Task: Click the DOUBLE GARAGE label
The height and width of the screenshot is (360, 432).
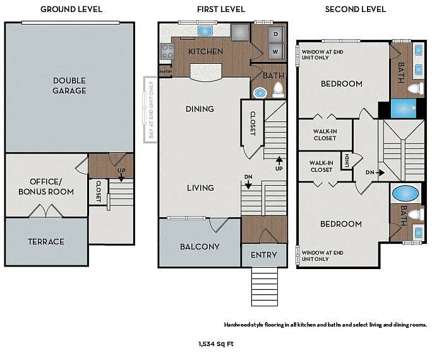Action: [x=69, y=86]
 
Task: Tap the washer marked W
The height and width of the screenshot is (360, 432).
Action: [x=275, y=52]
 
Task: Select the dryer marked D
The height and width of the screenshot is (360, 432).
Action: [x=275, y=35]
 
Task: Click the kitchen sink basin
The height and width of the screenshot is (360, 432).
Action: [x=205, y=30]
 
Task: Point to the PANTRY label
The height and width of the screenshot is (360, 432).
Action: [x=165, y=71]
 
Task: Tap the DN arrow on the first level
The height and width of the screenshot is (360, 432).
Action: [x=248, y=184]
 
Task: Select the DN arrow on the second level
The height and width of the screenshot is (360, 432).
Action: [x=381, y=172]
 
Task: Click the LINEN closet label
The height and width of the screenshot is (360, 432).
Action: [x=347, y=160]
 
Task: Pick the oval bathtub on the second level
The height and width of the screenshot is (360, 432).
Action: [x=405, y=194]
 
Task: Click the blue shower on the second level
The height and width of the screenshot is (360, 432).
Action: [x=404, y=108]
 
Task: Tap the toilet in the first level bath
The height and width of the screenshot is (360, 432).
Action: [x=278, y=90]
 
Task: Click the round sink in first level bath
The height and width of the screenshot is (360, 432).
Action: [x=260, y=93]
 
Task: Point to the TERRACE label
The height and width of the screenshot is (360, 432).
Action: [x=46, y=242]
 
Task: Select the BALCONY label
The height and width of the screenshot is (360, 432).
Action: [x=200, y=246]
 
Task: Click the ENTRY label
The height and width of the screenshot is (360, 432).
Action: [x=263, y=255]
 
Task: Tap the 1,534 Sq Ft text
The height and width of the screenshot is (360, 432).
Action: [x=216, y=344]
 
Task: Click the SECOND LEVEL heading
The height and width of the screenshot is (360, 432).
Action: [x=355, y=9]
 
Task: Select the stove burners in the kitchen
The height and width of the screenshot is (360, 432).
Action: [x=167, y=51]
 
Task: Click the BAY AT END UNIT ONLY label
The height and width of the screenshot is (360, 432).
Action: [x=151, y=110]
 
